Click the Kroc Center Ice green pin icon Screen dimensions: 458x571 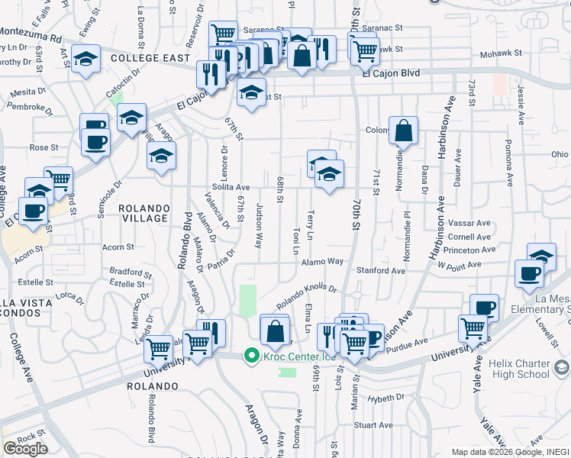(250, 355)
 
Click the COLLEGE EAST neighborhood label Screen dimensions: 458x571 (149, 58)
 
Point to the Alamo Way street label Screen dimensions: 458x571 (322, 261)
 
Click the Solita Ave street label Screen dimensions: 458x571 (231, 187)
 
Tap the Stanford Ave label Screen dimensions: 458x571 (380, 270)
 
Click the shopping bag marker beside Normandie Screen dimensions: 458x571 (403, 131)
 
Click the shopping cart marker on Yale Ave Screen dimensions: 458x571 (473, 329)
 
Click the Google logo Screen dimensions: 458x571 (25, 448)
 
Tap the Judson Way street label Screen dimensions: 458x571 (259, 226)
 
